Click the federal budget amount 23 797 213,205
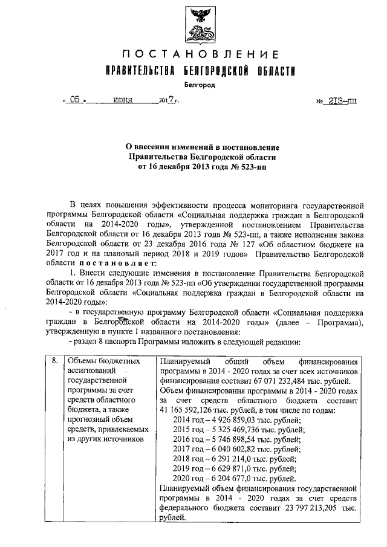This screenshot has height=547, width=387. coord(309,508)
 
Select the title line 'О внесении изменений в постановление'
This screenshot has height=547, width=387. coord(198,147)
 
